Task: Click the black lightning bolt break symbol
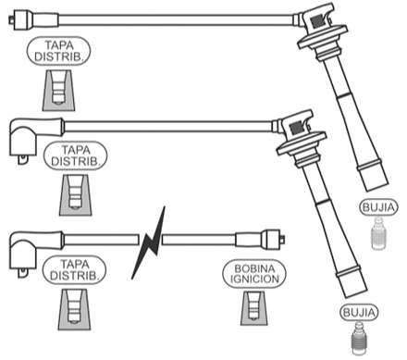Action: click(149, 243)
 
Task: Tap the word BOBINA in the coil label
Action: click(254, 268)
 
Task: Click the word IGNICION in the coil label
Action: click(254, 279)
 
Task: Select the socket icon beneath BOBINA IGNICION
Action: click(254, 308)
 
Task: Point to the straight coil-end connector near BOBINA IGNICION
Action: click(260, 240)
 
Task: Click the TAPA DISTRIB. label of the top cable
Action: click(58, 51)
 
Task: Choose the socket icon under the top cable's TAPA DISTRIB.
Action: click(58, 91)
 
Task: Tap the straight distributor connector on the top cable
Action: click(33, 19)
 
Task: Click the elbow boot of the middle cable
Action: click(35, 138)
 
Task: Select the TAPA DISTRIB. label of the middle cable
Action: click(76, 155)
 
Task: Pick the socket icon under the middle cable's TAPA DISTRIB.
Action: click(76, 195)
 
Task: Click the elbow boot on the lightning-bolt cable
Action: click(35, 252)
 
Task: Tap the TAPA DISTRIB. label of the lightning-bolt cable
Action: click(74, 270)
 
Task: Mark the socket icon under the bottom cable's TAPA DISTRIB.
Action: click(74, 309)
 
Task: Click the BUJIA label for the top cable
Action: click(378, 207)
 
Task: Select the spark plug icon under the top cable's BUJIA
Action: click(378, 233)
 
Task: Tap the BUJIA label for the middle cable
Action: click(359, 313)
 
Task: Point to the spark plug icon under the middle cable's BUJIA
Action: click(359, 339)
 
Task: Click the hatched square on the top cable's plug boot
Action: click(317, 21)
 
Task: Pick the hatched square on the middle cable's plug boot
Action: click(296, 128)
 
